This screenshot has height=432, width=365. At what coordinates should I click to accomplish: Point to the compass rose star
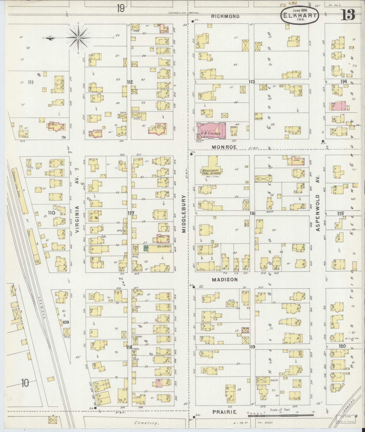coord(78,38)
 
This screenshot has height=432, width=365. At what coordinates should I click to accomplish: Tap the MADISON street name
coord(225,280)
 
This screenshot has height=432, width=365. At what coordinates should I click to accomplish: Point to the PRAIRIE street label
coord(224,412)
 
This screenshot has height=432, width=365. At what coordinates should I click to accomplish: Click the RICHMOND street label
coord(225,16)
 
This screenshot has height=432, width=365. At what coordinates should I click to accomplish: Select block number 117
coord(131,213)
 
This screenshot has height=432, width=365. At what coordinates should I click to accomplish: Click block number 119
coord(252,347)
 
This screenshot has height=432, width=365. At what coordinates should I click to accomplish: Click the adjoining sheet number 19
coord(120,9)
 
